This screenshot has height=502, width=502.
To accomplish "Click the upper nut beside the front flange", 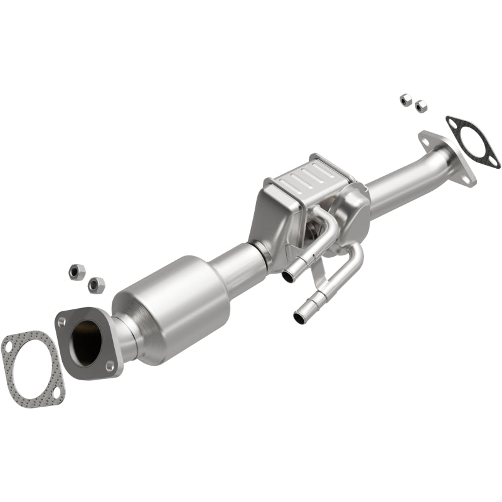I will (x=77, y=272).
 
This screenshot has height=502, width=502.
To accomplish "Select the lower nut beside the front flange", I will (x=97, y=284).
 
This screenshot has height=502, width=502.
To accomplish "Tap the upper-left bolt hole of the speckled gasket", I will (x=9, y=344).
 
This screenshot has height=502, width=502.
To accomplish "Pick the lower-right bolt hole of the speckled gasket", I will (x=55, y=393).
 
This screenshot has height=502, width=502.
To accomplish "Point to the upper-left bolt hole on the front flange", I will (x=61, y=321).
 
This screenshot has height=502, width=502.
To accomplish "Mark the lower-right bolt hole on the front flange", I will (x=110, y=365).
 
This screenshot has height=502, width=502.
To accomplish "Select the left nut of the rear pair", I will (x=405, y=99).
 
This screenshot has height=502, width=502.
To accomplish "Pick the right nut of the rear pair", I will (x=420, y=106).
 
